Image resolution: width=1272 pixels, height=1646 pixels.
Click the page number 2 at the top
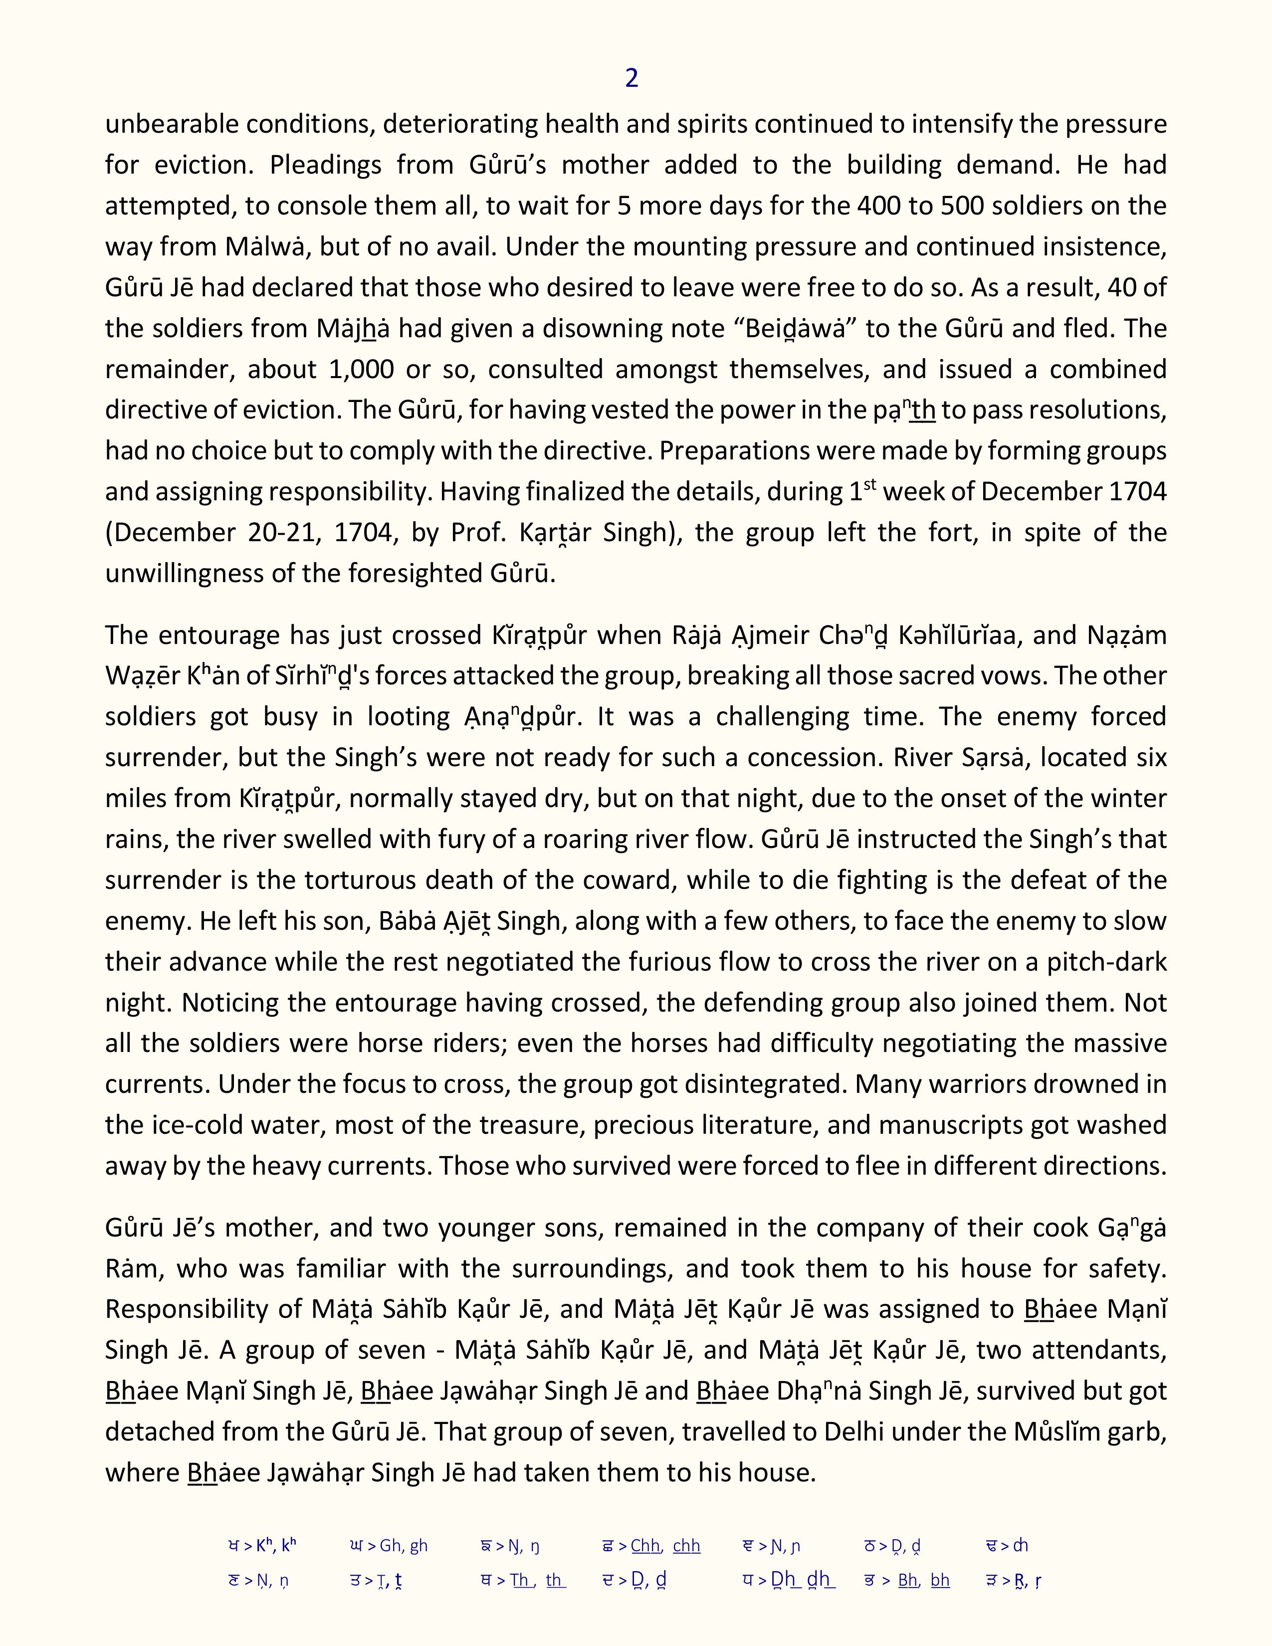[632, 78]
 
